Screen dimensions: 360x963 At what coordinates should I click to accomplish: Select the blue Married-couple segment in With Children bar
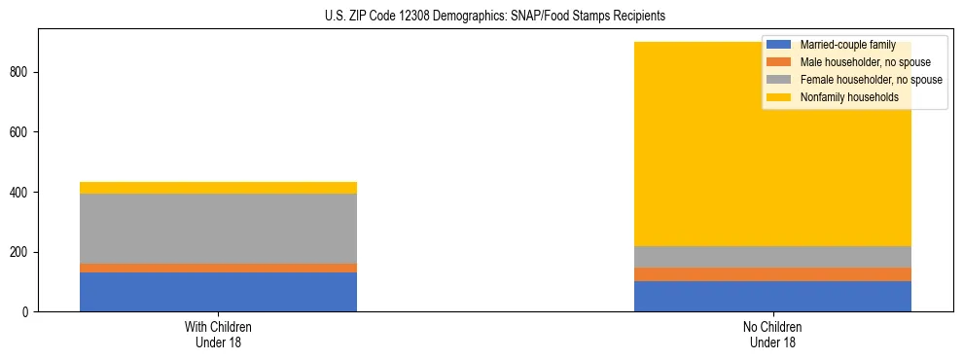218,292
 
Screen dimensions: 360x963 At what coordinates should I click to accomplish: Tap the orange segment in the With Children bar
218,268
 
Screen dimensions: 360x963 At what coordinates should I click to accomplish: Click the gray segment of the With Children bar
218,229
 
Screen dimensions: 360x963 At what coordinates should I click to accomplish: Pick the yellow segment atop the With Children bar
218,188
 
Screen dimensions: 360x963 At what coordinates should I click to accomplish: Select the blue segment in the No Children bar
772,296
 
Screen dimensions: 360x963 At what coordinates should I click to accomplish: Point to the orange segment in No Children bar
772,274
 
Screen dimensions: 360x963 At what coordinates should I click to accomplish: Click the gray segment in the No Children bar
772,257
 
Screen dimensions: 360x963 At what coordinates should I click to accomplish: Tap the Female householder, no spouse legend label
871,80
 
